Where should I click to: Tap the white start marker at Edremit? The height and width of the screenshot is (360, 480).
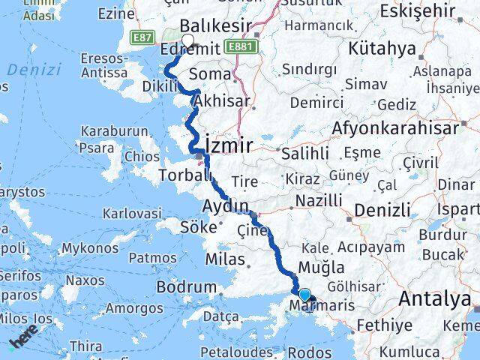coord(187,41)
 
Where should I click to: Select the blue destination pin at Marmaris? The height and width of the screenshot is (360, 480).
coord(304,295)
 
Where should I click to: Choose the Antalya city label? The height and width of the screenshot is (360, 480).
coord(435,299)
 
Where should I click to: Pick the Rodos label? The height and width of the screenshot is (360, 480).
coord(309,352)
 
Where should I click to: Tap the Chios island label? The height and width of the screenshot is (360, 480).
coord(142,157)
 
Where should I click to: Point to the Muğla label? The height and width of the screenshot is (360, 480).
coord(321,267)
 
